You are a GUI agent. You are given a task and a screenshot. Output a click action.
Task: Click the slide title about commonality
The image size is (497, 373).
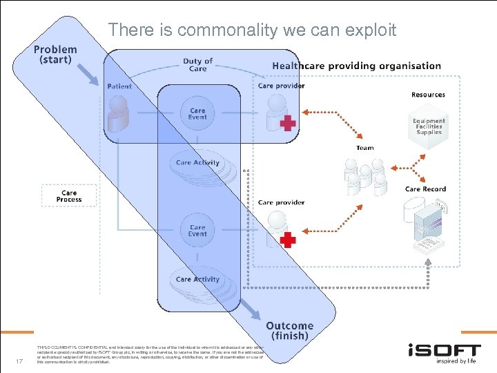tap(252, 30)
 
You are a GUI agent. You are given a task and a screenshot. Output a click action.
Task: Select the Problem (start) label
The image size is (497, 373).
tap(55, 55)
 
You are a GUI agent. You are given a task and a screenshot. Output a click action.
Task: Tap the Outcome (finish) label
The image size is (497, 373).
tap(289, 330)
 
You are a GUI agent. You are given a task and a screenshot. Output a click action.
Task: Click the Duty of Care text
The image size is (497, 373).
tap(197, 65)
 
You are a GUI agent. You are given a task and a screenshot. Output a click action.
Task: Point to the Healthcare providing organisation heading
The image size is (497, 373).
tap(356, 66)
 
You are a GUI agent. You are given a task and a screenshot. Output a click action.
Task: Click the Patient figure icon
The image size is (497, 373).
tap(119, 113)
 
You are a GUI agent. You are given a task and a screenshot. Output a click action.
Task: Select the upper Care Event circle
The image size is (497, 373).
tap(197, 114)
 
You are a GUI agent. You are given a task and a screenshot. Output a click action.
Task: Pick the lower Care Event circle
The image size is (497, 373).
tap(197, 230)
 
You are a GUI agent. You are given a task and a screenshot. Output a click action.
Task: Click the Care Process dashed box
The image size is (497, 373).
tap(69, 196)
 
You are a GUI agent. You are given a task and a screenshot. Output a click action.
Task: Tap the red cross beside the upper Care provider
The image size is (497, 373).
tap(288, 124)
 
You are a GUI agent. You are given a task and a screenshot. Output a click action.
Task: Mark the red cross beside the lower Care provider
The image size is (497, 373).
tap(288, 240)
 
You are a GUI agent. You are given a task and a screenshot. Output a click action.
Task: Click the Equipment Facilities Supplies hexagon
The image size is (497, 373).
tap(429, 126)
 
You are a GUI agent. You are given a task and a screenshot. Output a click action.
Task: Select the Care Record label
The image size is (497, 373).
tap(425, 189)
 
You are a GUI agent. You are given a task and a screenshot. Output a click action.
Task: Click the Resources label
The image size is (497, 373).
tap(428, 95)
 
